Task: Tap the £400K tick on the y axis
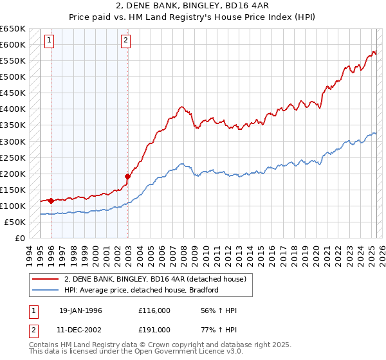click(x=12, y=109)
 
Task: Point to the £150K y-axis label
click(x=12, y=190)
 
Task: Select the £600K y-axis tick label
click(x=12, y=44)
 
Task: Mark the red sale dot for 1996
click(x=51, y=201)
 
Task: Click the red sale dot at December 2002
click(x=128, y=176)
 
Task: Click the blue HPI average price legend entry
click(x=142, y=290)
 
